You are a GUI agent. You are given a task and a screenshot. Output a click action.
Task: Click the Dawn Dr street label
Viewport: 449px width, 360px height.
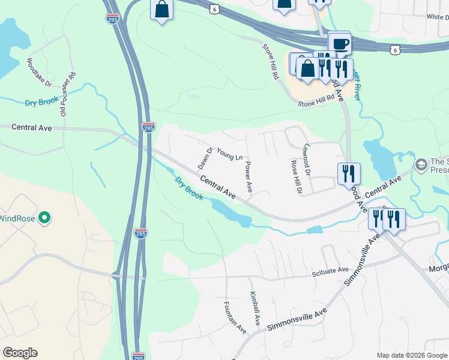point(205,158)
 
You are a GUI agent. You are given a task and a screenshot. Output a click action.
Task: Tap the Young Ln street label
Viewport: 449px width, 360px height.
point(229,154)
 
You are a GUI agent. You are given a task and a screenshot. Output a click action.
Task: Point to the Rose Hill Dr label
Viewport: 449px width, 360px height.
point(294,177)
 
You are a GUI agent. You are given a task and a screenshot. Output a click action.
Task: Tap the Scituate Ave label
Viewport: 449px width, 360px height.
point(330,271)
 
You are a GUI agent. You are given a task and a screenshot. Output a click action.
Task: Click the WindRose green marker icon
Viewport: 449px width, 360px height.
point(43,218)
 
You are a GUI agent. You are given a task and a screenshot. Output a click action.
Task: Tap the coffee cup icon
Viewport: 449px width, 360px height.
point(340,43)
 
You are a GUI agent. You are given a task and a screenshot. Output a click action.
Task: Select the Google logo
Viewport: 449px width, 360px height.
point(20,353)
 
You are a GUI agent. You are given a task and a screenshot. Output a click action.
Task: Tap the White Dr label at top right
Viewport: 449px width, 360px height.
point(437,17)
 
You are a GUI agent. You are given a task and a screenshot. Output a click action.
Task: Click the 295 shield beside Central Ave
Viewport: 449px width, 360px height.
point(148,127)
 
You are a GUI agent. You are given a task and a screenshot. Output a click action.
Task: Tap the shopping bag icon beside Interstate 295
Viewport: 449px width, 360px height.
point(161,9)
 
